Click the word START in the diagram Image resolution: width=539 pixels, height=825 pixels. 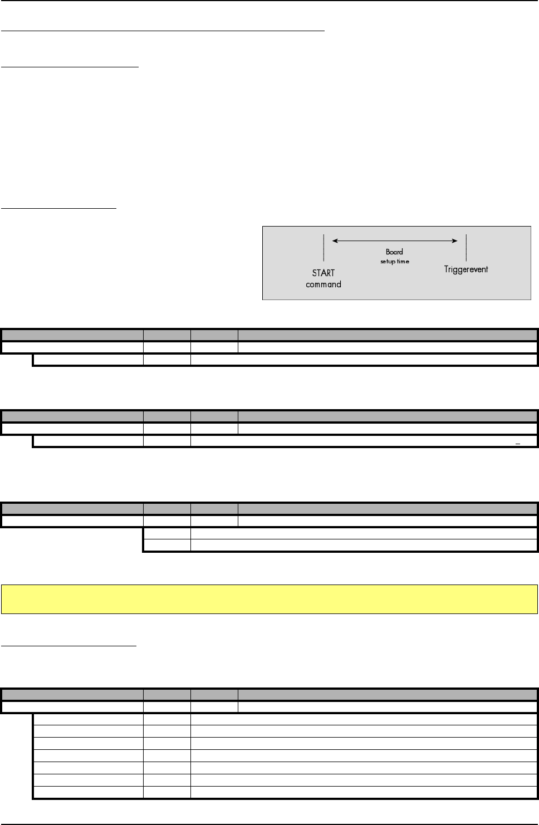click(x=324, y=273)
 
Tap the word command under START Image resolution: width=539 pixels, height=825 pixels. click(x=324, y=284)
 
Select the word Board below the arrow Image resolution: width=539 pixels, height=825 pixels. click(x=394, y=252)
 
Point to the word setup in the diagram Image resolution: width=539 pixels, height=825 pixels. click(x=388, y=261)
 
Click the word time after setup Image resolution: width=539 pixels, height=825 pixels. click(x=403, y=261)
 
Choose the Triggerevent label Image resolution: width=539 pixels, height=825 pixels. click(x=466, y=269)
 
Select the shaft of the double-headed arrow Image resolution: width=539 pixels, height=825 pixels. click(x=395, y=241)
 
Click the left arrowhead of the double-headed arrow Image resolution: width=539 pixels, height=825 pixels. click(x=335, y=241)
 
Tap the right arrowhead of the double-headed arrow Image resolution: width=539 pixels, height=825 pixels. click(x=455, y=241)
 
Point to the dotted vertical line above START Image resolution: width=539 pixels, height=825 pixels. click(x=324, y=248)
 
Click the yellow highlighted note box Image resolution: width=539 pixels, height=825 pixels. click(x=269, y=599)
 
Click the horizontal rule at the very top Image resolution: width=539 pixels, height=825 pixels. click(x=269, y=1)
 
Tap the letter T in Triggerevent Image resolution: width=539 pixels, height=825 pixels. click(x=447, y=269)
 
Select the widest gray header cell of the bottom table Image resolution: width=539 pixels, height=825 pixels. click(x=388, y=694)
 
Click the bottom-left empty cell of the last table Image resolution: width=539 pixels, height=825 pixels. click(x=88, y=793)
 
